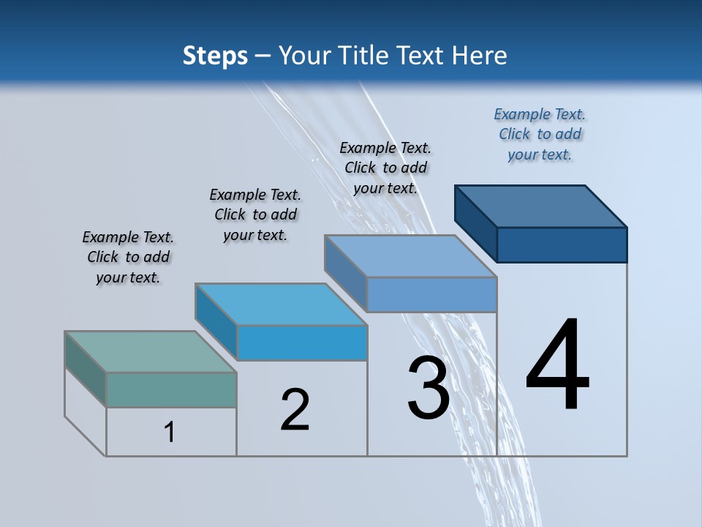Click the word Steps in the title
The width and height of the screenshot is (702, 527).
click(215, 56)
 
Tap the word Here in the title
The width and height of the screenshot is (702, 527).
click(480, 56)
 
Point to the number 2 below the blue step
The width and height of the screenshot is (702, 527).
click(295, 410)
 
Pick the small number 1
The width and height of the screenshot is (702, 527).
click(170, 433)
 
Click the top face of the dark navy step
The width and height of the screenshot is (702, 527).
click(541, 206)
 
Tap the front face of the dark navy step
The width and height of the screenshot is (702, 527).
click(562, 244)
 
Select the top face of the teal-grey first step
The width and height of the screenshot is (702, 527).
click(151, 352)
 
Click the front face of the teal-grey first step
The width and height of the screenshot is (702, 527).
click(171, 389)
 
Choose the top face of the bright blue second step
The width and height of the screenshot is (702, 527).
click(281, 304)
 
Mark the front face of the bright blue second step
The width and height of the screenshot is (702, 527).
click(302, 343)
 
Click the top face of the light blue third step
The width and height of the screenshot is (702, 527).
click(411, 255)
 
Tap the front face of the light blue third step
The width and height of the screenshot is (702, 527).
click(431, 294)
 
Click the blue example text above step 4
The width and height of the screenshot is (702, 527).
click(540, 135)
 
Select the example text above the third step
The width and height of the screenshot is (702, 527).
click(385, 168)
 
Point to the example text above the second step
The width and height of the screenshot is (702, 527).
click(255, 214)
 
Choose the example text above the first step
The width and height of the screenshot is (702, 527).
click(128, 257)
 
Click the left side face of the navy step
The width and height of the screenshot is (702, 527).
click(475, 223)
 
